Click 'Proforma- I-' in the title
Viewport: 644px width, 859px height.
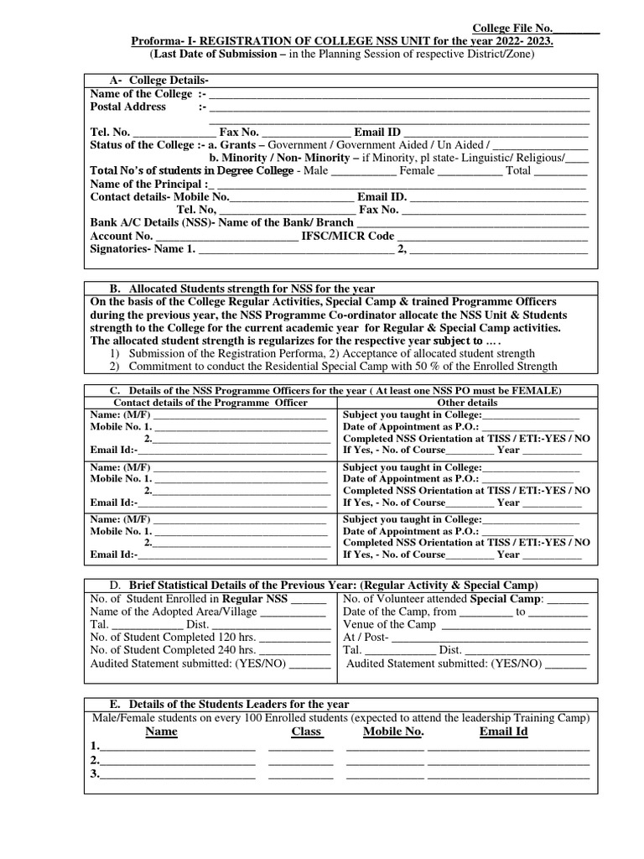[164, 41]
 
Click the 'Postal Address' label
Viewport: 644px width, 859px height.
[127, 107]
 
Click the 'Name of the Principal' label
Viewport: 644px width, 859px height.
[146, 184]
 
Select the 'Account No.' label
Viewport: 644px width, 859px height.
[121, 236]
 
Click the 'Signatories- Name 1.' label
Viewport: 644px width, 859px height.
[142, 248]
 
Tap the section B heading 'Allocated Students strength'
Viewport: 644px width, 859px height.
[242, 288]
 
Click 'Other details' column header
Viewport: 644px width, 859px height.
[467, 403]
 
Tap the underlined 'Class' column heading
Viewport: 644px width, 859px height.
[306, 731]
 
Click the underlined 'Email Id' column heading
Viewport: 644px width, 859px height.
[503, 731]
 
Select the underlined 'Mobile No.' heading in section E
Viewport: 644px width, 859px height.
[393, 731]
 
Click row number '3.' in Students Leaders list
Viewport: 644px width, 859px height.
[95, 773]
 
